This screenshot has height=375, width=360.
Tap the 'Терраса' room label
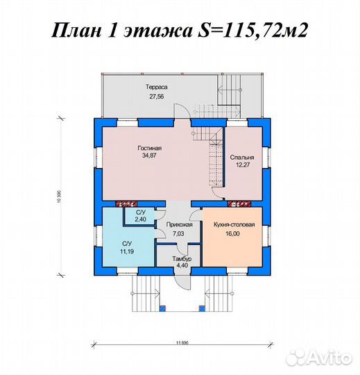[157, 87]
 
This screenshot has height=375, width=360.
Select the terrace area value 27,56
[157, 98]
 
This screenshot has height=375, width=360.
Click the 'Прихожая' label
[179, 226]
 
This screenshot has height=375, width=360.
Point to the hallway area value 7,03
[179, 235]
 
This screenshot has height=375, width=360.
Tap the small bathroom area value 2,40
[140, 219]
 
